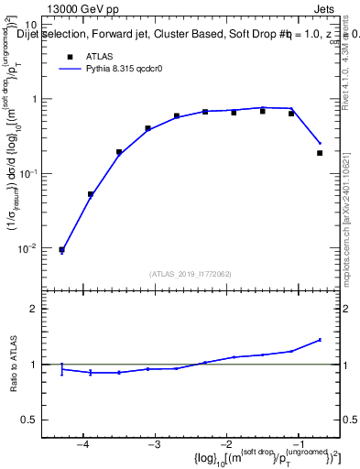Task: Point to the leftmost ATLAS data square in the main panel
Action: coord(61,249)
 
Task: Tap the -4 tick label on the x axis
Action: coord(82,444)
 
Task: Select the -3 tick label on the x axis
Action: coord(155,444)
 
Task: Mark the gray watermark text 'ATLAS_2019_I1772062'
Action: coord(191,274)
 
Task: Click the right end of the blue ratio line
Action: coord(321,339)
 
